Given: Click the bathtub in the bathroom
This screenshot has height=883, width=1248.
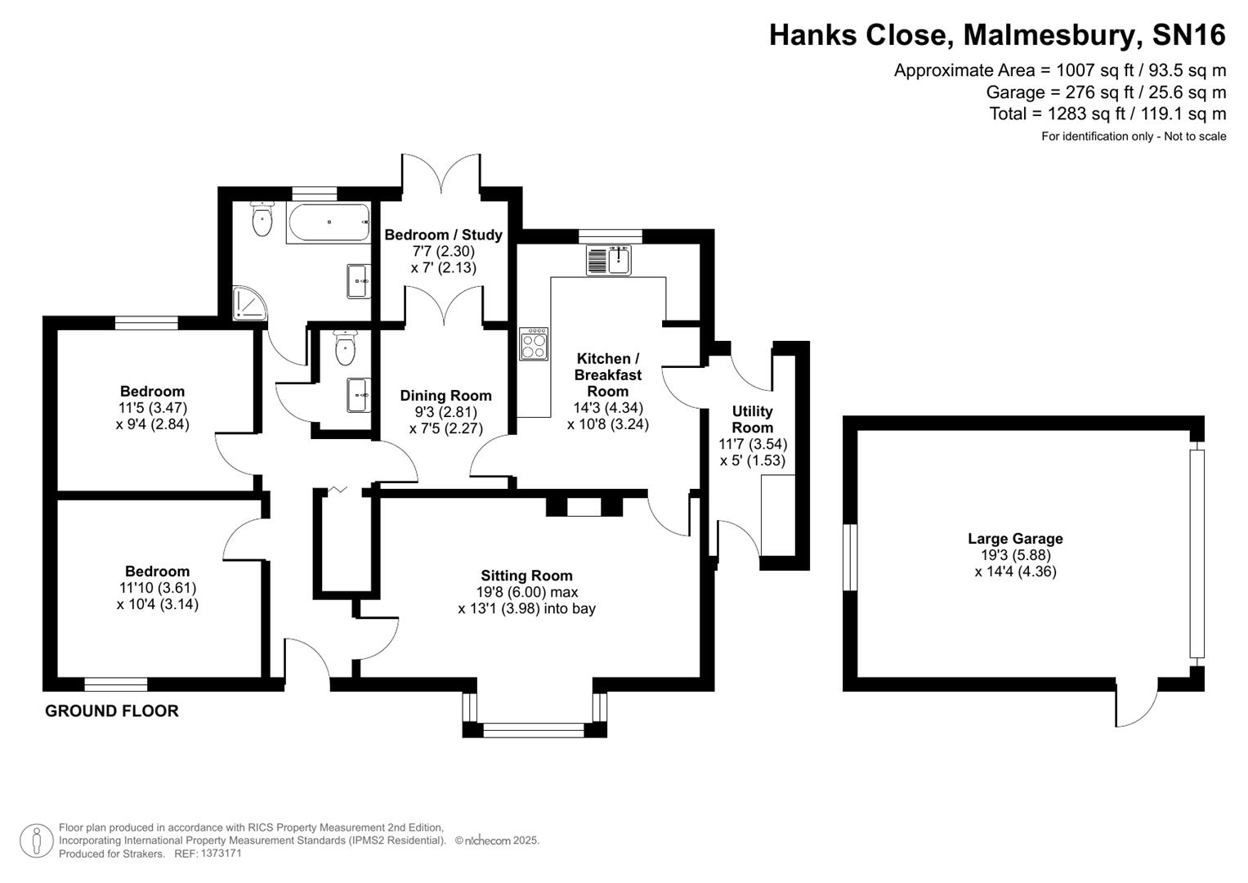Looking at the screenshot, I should pyautogui.click(x=327, y=222).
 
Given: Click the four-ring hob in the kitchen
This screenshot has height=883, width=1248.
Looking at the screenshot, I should pyautogui.click(x=534, y=344).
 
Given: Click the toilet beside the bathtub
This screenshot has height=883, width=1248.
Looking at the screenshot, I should pyautogui.click(x=262, y=219).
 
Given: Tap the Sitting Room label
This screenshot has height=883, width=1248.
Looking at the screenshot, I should pyautogui.click(x=526, y=576).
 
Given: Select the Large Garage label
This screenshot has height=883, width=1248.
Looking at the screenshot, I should pyautogui.click(x=1015, y=539).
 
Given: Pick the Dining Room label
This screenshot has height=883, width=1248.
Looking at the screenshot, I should pyautogui.click(x=445, y=396).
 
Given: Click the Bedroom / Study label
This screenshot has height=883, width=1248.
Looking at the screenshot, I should pyautogui.click(x=443, y=235).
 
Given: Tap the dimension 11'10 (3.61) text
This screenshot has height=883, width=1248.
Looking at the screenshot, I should pyautogui.click(x=157, y=588).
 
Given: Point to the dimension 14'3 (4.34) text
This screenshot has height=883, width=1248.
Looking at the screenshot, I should pyautogui.click(x=608, y=408).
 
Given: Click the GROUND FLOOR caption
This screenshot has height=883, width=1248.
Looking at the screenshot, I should pyautogui.click(x=111, y=711).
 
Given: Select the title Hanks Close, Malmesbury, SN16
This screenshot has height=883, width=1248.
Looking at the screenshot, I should pyautogui.click(x=997, y=35).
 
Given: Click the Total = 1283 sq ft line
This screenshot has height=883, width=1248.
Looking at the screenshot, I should pyautogui.click(x=1107, y=114).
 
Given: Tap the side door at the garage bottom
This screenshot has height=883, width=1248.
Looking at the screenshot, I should pyautogui.click(x=1137, y=703).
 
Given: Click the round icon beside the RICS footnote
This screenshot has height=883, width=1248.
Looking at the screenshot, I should pyautogui.click(x=36, y=840).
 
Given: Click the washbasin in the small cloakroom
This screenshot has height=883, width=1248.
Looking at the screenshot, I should pyautogui.click(x=358, y=395).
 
